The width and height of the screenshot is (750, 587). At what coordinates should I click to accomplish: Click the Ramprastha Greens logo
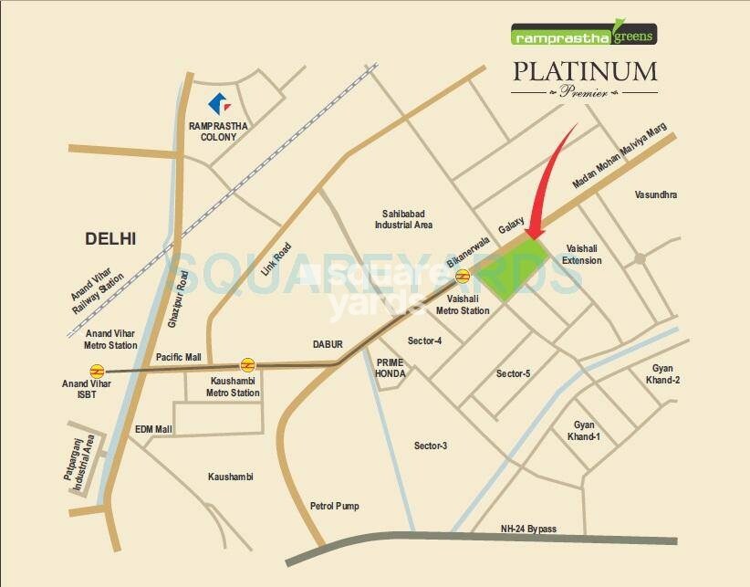tap(583, 36)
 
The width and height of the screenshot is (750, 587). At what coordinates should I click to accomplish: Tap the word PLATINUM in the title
tap(583, 71)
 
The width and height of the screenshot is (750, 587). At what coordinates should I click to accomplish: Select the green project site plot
tap(515, 267)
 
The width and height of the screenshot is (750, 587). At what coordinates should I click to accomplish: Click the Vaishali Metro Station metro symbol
tap(464, 275)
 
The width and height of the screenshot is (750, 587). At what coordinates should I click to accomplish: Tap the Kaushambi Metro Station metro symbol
tap(245, 364)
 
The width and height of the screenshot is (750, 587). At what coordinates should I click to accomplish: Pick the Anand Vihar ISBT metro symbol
tap(97, 371)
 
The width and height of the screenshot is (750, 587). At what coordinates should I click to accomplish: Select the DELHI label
tap(110, 238)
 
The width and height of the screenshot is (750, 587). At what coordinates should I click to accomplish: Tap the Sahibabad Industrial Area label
tap(404, 218)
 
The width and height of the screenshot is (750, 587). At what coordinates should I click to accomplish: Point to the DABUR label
tap(328, 344)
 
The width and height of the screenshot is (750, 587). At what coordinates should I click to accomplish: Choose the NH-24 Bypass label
tap(528, 529)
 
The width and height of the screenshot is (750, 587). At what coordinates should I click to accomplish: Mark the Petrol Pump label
tap(335, 506)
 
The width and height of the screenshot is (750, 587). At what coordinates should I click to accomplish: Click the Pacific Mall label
tap(178, 357)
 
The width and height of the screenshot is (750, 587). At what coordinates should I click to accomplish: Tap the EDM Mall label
tap(153, 428)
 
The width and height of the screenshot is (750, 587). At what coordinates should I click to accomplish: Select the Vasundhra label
tap(656, 194)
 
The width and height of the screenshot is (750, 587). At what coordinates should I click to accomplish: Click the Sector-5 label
tap(513, 373)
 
